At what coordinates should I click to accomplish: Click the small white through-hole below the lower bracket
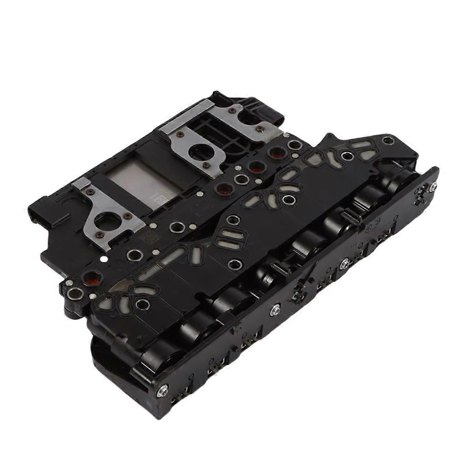click(x=102, y=258)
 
